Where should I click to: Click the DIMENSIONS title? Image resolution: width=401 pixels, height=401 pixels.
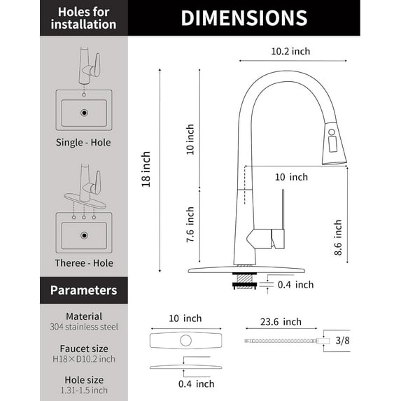(x=244, y=18)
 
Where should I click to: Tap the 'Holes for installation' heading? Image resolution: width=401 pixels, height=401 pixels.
(x=83, y=18)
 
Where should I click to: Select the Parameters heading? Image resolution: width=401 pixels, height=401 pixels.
(x=83, y=289)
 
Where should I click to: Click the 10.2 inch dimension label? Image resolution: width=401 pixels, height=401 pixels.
(x=290, y=51)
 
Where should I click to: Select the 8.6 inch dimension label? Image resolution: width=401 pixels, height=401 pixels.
(x=337, y=239)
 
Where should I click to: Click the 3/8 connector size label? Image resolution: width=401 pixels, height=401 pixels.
(x=344, y=341)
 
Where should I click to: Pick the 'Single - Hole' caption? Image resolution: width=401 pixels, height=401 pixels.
(x=83, y=143)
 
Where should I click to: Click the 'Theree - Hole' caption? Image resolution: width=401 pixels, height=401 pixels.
(x=83, y=263)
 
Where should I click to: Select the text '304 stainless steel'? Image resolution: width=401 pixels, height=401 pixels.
(x=83, y=327)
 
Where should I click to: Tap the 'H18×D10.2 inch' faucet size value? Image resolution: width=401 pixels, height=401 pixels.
(x=83, y=359)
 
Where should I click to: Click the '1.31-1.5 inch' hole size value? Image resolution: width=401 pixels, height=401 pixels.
(x=83, y=391)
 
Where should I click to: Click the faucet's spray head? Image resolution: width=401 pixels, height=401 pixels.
(x=334, y=146)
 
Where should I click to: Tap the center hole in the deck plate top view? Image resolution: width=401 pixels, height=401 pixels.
(x=186, y=342)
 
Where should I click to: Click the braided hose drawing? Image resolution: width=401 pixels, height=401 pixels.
(x=280, y=341)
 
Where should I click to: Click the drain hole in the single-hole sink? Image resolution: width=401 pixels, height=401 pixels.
(x=84, y=111)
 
